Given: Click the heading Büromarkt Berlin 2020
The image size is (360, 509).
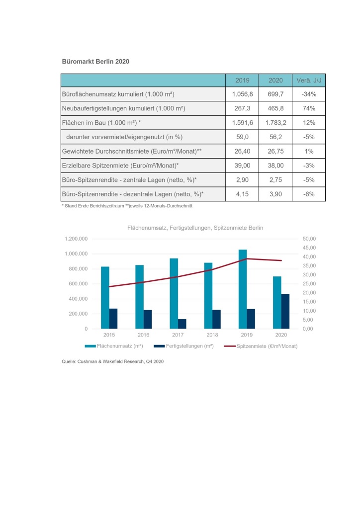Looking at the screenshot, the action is (95, 61).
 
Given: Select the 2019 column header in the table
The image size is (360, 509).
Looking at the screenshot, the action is (242, 80).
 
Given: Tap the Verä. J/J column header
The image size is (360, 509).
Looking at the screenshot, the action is (309, 80).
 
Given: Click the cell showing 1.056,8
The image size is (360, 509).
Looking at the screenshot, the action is (242, 94).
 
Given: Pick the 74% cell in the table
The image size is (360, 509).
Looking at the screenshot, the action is (309, 108).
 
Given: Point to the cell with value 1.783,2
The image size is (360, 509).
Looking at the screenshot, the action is (275, 123).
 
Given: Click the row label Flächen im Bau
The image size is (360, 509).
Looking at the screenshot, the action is (101, 123).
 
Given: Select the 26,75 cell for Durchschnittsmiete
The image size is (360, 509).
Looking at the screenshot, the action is (275, 151).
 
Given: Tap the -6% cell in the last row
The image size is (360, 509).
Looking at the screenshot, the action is (309, 194).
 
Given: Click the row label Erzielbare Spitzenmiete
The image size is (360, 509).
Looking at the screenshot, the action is (120, 166).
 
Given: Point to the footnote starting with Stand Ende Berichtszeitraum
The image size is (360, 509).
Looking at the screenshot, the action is (127, 206).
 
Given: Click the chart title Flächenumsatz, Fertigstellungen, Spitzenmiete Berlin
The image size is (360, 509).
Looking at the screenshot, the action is (195, 228).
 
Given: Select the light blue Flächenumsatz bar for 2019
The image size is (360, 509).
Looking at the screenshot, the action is (243, 289).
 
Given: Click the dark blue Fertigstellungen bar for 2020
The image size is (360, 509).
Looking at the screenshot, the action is (285, 311).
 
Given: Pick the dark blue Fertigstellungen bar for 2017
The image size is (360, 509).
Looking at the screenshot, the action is (182, 324).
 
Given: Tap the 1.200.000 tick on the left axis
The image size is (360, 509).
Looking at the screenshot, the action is (76, 239).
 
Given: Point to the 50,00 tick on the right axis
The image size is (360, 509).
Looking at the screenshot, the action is (309, 239).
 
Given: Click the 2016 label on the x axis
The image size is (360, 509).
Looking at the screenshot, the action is (144, 335).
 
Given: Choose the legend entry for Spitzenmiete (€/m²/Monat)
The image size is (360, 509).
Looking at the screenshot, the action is (261, 346).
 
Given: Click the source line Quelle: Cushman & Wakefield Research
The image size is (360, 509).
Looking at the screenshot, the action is (113, 362).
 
